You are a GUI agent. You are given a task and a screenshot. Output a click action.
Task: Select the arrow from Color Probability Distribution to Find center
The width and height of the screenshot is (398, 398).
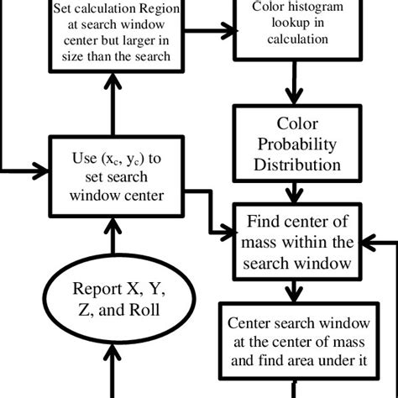(291, 192)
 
